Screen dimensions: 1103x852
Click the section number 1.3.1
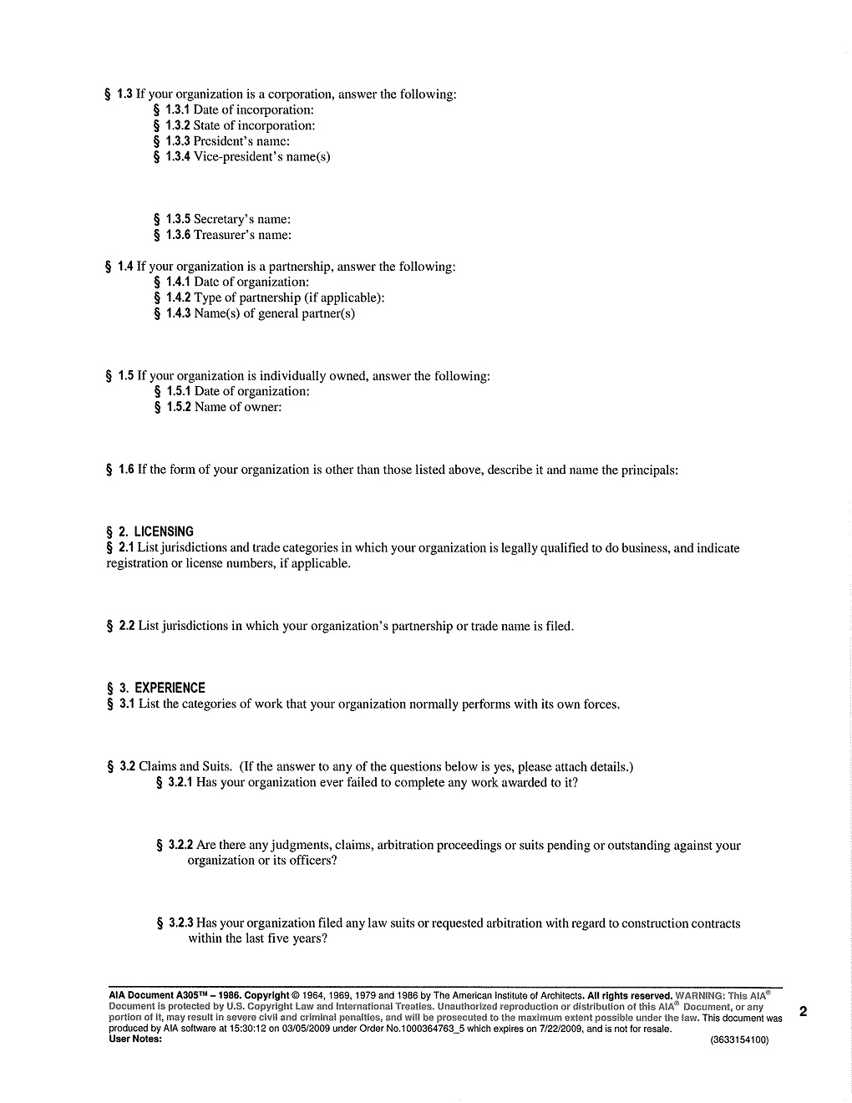[x=177, y=110]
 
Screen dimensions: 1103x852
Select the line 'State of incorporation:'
[x=254, y=126]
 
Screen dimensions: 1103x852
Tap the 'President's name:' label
[x=241, y=141]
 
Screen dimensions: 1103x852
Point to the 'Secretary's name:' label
[x=241, y=220]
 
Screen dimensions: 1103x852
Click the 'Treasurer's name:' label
[x=242, y=236]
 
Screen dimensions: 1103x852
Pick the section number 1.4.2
[x=178, y=298]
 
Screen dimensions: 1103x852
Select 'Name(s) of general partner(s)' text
[x=274, y=314]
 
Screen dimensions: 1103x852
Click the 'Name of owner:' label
[x=237, y=408]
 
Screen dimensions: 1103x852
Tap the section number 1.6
[x=126, y=470]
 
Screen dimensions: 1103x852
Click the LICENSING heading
[x=163, y=531]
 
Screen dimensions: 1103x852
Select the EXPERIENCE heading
[x=170, y=689]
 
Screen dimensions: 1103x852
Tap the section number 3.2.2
[x=180, y=846]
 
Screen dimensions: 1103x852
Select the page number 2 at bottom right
[x=803, y=1013]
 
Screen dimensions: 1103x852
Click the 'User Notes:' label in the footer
[x=135, y=1039]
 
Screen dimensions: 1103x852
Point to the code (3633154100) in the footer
[x=739, y=1040]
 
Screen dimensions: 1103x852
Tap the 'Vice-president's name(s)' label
[x=261, y=157]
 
